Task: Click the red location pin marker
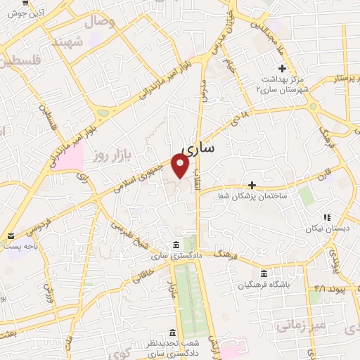coord(181,166)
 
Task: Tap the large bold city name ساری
coord(199,149)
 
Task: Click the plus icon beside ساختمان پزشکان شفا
coord(252,185)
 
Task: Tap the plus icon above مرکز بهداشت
coord(282,68)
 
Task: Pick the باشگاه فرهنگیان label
coord(262,285)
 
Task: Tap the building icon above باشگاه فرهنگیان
coord(264,274)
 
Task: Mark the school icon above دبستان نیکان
coord(326,217)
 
